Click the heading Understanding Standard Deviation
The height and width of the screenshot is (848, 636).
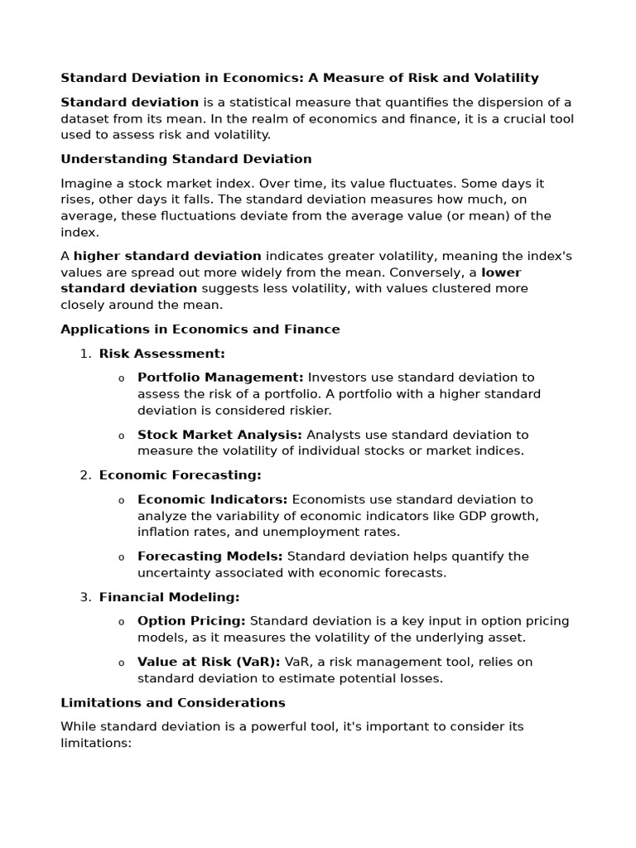pyautogui.click(x=186, y=159)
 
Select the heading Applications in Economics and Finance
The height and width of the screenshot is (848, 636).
pyautogui.click(x=200, y=329)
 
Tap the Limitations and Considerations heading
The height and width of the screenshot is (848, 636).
pyautogui.click(x=173, y=702)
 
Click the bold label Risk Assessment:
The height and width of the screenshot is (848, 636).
pyautogui.click(x=162, y=354)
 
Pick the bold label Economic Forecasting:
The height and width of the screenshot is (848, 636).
pyautogui.click(x=180, y=475)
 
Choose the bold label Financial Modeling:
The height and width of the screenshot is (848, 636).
pyautogui.click(x=169, y=597)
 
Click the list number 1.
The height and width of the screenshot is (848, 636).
pyautogui.click(x=84, y=354)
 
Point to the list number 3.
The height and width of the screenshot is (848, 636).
pyautogui.click(x=84, y=597)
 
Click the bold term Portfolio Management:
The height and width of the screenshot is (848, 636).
pyautogui.click(x=220, y=378)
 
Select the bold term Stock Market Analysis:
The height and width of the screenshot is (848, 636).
pyautogui.click(x=220, y=435)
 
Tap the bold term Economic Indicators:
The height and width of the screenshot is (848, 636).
pyautogui.click(x=213, y=499)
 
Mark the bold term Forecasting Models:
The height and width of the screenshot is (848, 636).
pyautogui.click(x=210, y=556)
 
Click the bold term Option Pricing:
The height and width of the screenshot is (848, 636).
pyautogui.click(x=191, y=621)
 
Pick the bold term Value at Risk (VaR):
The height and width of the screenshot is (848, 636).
pyautogui.click(x=209, y=662)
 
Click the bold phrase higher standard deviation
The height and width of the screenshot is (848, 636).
pyautogui.click(x=167, y=256)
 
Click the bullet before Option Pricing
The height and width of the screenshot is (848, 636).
pyautogui.click(x=121, y=622)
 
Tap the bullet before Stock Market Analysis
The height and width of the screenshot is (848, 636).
pyautogui.click(x=121, y=436)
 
